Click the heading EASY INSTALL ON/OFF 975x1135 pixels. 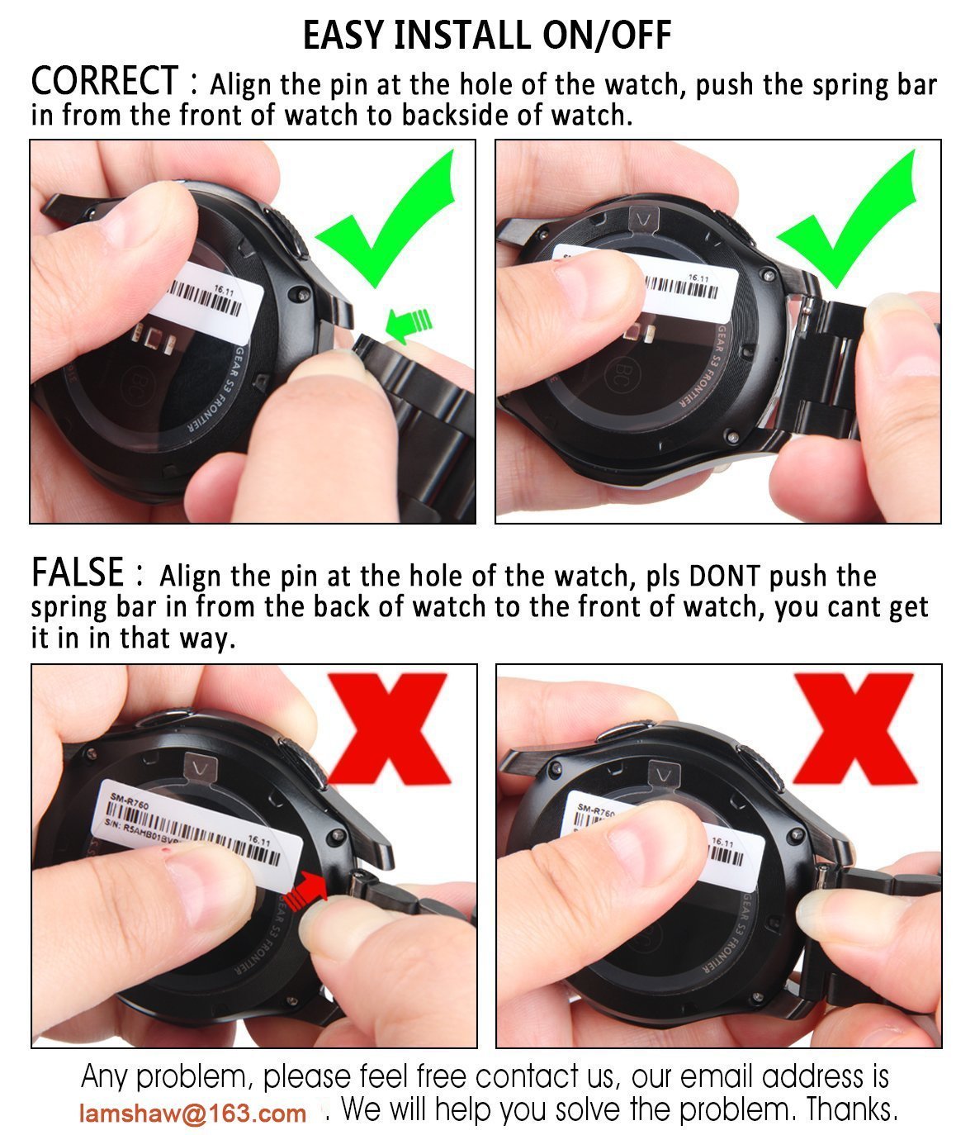pos(487,35)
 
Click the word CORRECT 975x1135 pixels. pos(104,81)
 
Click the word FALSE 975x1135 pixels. pos(78,572)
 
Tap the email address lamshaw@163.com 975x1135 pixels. pos(193,1114)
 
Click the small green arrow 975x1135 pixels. pos(408,323)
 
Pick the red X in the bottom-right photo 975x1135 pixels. pos(854,727)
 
